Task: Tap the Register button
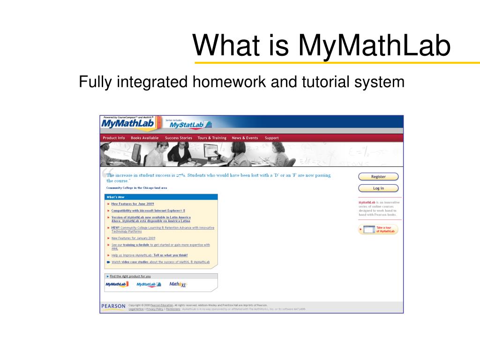(x=378, y=177)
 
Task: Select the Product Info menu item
(x=114, y=138)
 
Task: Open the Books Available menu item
(x=144, y=138)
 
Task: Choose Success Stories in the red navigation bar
(x=178, y=138)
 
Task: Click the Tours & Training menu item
(x=212, y=138)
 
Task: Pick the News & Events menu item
(x=245, y=138)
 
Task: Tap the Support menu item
(x=271, y=138)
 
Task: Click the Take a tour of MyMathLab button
(x=378, y=230)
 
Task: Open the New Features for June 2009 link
(x=133, y=204)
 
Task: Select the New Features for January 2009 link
(x=133, y=238)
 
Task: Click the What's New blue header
(x=115, y=197)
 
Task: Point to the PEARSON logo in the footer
(x=113, y=307)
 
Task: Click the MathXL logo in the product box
(x=178, y=284)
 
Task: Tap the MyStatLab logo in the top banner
(x=190, y=125)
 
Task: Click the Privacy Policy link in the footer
(x=155, y=309)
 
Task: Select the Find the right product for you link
(x=130, y=276)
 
